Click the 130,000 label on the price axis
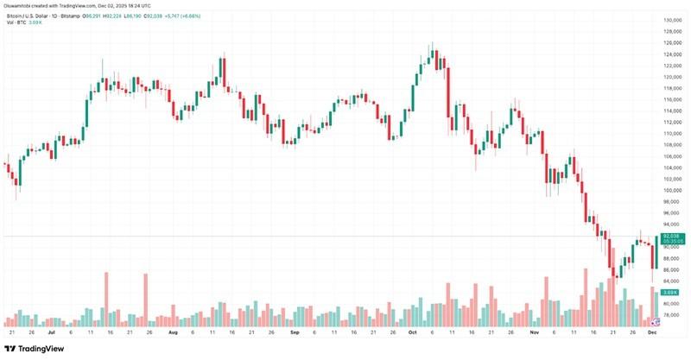[673, 20]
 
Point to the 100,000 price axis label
[673, 190]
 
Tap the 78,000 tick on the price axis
[673, 315]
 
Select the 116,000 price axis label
[673, 99]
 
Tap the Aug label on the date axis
[173, 332]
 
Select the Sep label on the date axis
[295, 332]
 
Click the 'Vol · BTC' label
[18, 22]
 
